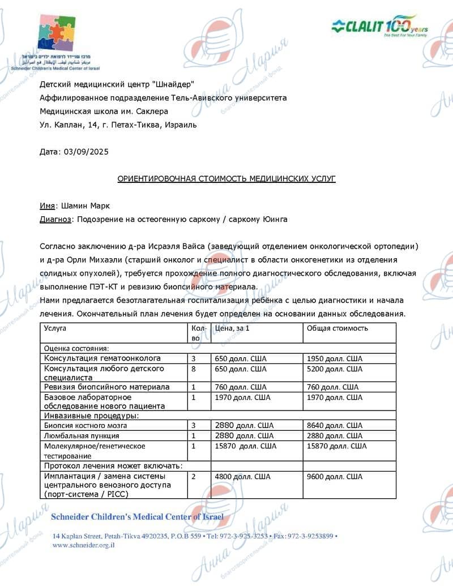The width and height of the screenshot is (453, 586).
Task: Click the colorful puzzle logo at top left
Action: click(x=57, y=33)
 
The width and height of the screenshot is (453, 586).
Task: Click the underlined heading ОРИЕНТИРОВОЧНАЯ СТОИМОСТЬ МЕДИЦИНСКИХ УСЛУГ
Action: click(x=226, y=178)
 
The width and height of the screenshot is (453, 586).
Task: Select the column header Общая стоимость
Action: click(x=337, y=328)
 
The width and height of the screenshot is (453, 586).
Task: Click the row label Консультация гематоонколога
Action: click(x=102, y=358)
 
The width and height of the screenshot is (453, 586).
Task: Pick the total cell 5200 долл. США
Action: click(x=334, y=369)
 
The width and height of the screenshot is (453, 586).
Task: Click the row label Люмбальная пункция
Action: click(x=82, y=435)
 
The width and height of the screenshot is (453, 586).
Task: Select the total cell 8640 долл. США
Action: click(x=334, y=425)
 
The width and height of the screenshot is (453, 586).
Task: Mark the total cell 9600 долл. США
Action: click(x=334, y=477)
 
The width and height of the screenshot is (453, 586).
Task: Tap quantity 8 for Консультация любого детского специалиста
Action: click(x=194, y=369)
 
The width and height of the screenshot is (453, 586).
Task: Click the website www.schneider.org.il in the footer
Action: click(x=84, y=545)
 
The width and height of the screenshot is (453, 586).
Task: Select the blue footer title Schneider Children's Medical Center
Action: click(x=138, y=517)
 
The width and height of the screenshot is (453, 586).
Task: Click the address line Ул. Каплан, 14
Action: click(x=118, y=125)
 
